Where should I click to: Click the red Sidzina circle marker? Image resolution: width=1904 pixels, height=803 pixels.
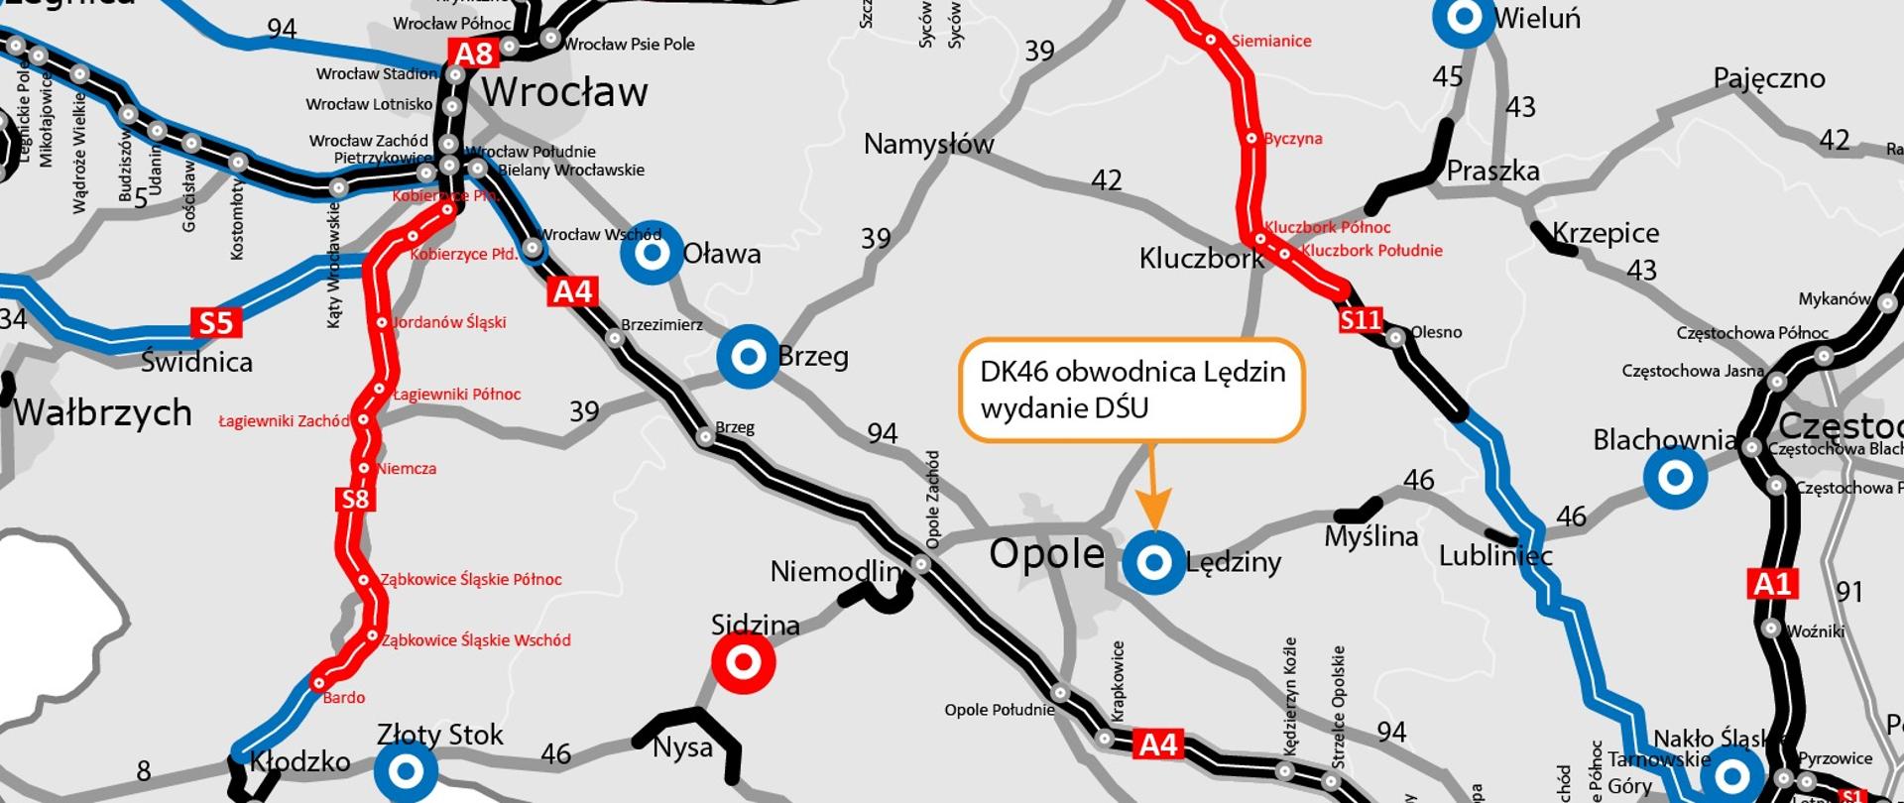tap(744, 661)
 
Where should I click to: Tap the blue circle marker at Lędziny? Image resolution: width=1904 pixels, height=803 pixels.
tap(1153, 562)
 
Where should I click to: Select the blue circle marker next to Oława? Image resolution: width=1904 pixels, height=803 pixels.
tap(652, 253)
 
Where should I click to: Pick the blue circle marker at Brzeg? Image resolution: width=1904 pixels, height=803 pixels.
tap(749, 356)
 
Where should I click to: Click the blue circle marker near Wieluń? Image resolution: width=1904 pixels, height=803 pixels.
tap(1465, 18)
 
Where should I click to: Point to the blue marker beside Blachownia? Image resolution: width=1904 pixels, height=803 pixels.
tap(1675, 478)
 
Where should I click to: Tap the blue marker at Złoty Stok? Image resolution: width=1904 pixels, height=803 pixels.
tap(406, 770)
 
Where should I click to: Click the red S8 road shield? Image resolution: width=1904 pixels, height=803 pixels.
tap(355, 499)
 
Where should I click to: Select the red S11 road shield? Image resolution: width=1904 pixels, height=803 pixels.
tap(1360, 319)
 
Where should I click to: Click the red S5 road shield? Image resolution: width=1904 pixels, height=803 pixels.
tap(216, 322)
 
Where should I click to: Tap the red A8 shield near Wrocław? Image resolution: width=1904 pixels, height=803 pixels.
tap(474, 54)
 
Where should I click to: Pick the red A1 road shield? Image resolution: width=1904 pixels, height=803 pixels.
tap(1772, 583)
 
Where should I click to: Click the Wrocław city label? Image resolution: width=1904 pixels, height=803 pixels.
tap(564, 93)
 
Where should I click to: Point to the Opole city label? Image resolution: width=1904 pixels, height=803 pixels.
tap(1046, 553)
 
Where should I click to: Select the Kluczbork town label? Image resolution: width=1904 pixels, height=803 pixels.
tap(1201, 259)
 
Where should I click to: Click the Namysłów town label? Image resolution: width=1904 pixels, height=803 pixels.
tap(928, 145)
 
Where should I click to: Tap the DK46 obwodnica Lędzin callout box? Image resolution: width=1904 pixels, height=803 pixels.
tap(1131, 389)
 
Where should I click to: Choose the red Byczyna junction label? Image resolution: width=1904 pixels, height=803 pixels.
tap(1292, 139)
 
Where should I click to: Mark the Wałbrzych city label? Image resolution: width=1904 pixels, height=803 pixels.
tap(102, 412)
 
